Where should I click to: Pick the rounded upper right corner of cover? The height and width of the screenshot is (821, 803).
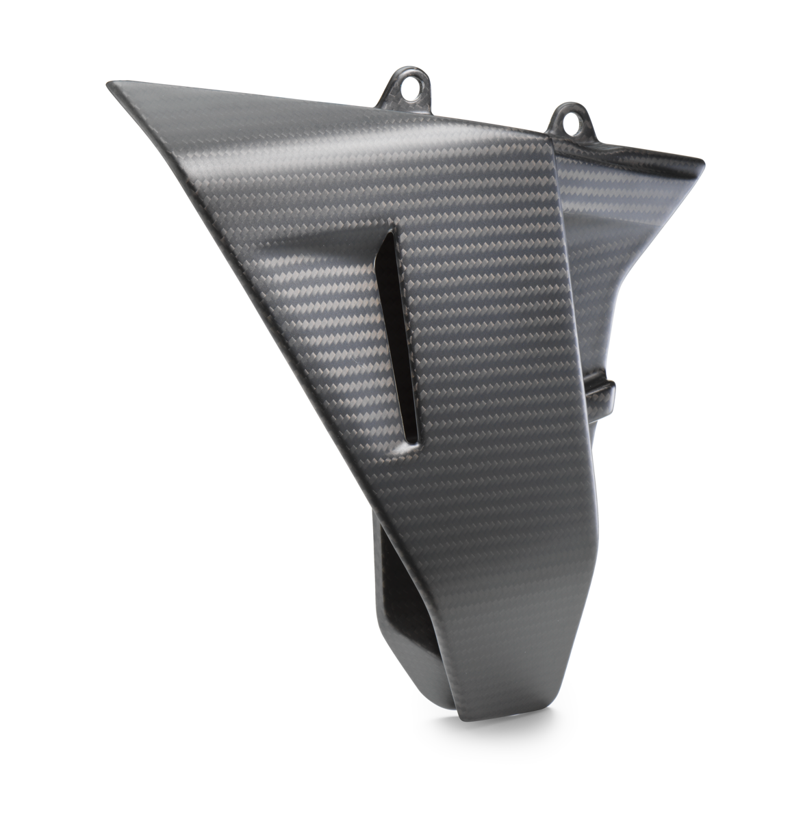point(700,161)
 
